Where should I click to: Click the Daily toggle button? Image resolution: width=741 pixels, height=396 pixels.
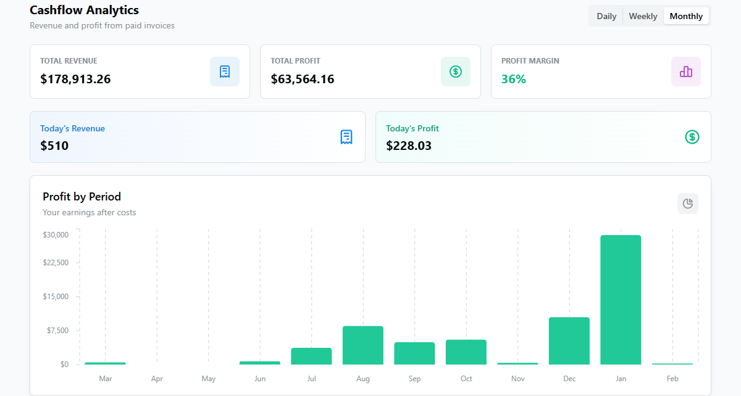606,16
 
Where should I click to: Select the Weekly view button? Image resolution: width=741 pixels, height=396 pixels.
643,16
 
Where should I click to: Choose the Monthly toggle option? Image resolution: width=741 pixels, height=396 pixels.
686,16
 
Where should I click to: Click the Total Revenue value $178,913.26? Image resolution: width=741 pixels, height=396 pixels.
75,79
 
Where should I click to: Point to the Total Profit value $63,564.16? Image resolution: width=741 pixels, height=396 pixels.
303,79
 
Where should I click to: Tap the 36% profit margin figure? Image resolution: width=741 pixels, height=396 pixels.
514,79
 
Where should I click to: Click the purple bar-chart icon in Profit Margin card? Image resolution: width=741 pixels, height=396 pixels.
686,72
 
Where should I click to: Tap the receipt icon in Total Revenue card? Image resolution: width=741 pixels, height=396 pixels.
225,72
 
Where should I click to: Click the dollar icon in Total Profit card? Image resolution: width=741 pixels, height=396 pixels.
456,72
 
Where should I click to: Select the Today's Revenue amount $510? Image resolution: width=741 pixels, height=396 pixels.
54,146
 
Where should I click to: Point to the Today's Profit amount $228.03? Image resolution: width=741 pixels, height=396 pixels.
409,146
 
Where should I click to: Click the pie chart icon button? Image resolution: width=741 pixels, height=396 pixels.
688,204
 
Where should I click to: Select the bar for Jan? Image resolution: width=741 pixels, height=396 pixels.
621,300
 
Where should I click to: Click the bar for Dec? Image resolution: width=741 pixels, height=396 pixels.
569,340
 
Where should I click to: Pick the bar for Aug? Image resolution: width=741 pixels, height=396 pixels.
363,345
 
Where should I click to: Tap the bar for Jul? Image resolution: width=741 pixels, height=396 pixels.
311,356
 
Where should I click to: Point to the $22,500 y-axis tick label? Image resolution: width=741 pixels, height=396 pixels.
56,262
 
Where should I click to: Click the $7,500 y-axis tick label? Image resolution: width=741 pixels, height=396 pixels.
57,330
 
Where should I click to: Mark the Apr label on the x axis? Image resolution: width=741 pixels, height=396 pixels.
157,379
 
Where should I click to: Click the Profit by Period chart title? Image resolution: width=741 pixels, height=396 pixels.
82,197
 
